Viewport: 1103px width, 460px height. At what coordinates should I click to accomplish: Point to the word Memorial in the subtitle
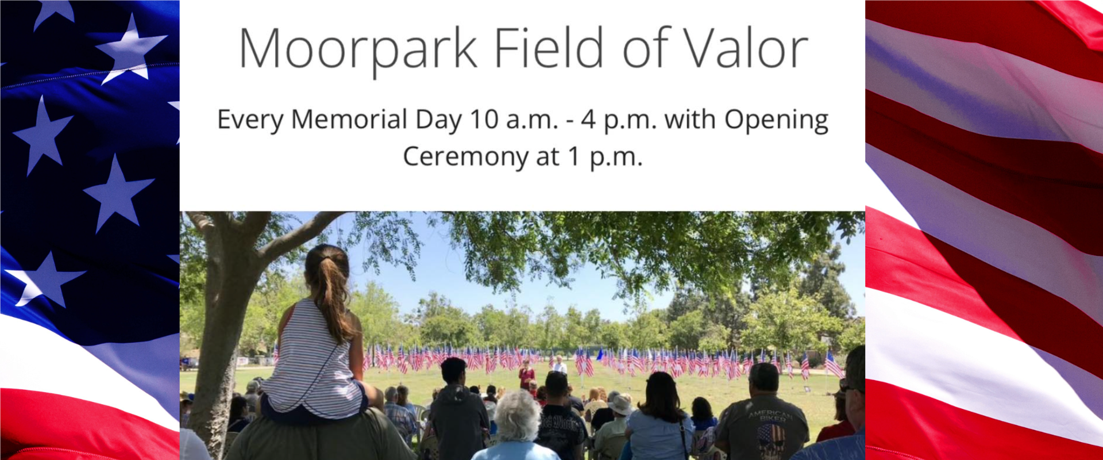tap(349, 120)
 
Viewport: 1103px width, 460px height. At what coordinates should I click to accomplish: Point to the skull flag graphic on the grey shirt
tap(771, 440)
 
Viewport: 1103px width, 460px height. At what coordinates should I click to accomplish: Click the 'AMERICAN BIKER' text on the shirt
tap(770, 416)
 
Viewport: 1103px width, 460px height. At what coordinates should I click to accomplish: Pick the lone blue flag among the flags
tap(600, 354)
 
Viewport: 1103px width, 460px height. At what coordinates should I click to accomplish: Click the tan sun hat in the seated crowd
tap(621, 405)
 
